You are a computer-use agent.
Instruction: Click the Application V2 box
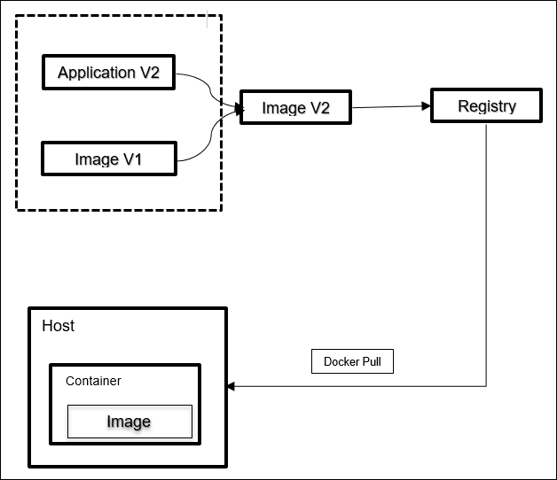tap(108, 73)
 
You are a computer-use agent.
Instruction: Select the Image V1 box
tap(108, 159)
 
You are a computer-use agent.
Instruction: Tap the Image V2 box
tap(296, 108)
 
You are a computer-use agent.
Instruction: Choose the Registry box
tap(486, 106)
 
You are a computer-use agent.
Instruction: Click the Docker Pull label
tap(352, 361)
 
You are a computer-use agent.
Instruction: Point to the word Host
tap(59, 326)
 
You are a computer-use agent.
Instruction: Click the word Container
tap(93, 381)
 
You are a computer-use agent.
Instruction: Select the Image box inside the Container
tap(129, 422)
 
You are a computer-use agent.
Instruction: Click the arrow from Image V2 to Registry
tap(390, 107)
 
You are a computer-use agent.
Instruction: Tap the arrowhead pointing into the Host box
tap(232, 386)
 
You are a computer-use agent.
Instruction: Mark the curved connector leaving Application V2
tap(209, 89)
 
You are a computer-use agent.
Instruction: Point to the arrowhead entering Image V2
tap(237, 109)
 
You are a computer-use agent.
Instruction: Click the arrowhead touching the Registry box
tap(426, 106)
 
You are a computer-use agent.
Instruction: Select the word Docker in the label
tap(341, 361)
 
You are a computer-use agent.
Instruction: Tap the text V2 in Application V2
tap(148, 73)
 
